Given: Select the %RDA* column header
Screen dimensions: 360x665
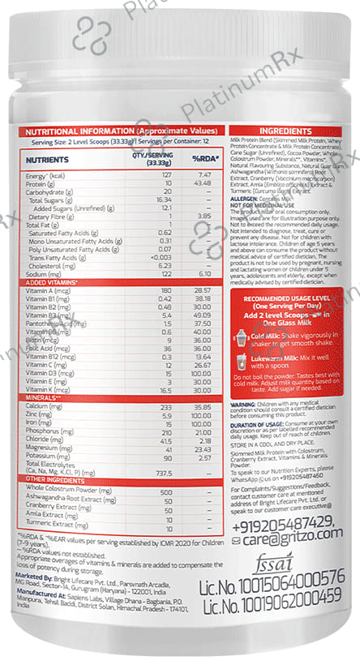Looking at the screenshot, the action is point(202,161).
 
